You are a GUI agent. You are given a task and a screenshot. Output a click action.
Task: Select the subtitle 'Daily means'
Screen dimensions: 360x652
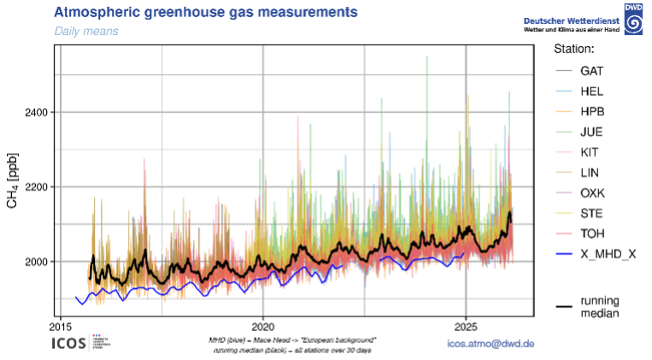(86, 31)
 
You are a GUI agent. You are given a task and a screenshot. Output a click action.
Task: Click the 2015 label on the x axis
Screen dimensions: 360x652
(61, 327)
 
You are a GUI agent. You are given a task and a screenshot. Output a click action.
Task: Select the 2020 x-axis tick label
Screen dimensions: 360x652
(263, 327)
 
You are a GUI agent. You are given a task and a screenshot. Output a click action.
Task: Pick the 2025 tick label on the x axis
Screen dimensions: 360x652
(466, 327)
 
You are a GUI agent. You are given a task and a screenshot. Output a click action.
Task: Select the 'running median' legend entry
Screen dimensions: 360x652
(599, 307)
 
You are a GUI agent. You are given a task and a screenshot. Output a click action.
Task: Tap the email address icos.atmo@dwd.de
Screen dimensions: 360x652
(490, 344)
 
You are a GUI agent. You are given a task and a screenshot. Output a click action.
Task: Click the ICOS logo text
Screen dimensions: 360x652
(75, 344)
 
